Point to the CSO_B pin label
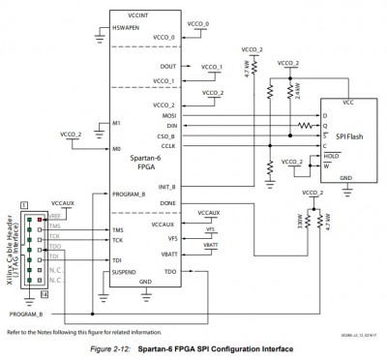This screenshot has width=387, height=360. (163, 135)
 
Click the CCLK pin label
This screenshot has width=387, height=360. (164, 146)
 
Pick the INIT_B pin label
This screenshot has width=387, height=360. (163, 186)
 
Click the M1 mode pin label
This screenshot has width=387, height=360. (117, 125)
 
